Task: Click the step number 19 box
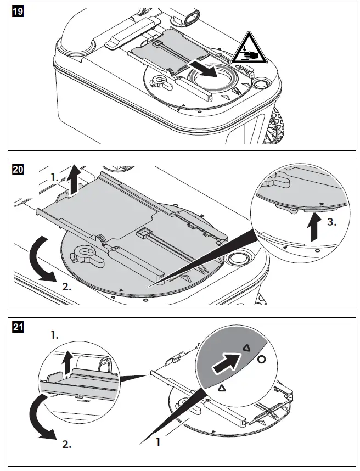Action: [17, 11]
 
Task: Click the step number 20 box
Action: [18, 170]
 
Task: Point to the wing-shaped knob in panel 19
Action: [160, 81]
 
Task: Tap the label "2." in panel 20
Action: [67, 285]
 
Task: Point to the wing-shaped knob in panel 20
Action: [85, 254]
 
